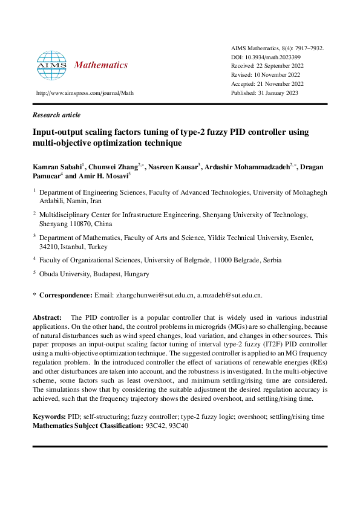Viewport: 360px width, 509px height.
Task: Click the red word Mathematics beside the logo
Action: tap(100, 65)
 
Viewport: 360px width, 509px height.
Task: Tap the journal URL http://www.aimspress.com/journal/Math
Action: tap(85, 94)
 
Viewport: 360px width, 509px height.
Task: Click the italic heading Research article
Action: tap(56, 115)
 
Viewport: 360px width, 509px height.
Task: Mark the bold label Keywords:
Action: tap(48, 417)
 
